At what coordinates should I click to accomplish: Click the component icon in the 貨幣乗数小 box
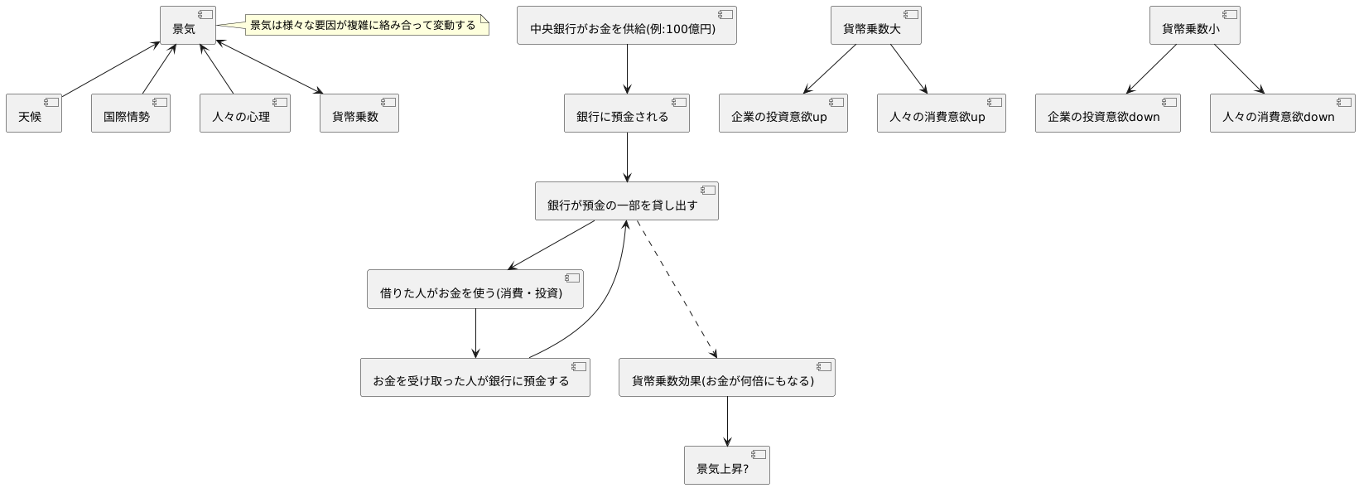click(x=1230, y=14)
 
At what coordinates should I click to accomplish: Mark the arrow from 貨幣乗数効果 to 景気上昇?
click(x=727, y=421)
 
